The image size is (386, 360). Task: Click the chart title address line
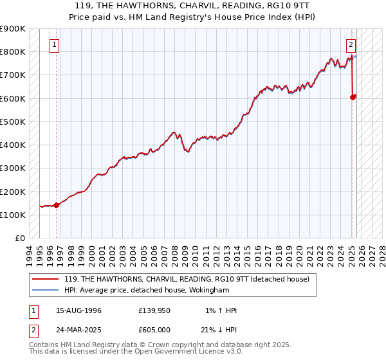tap(193, 5)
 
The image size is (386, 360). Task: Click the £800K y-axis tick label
tap(12, 51)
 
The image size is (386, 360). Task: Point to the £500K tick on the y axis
tap(12, 122)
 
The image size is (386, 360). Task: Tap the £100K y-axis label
tap(12, 215)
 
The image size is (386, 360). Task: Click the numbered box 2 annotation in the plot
tap(351, 45)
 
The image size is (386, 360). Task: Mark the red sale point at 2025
tap(353, 97)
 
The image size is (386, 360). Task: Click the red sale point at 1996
tap(56, 206)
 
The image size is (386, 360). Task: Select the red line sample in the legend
tap(45, 279)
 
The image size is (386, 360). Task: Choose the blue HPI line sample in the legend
tap(45, 291)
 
